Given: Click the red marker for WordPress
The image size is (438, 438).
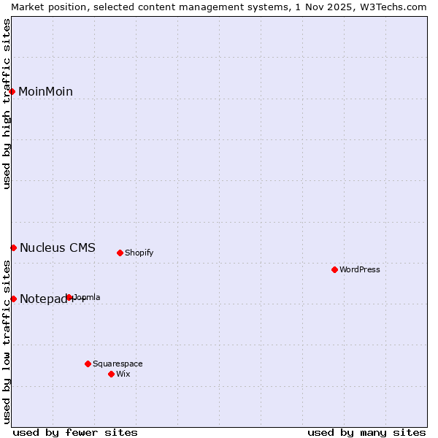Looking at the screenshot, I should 334,269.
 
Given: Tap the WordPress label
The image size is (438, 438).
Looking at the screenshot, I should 360,269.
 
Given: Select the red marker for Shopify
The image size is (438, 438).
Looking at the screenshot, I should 120,253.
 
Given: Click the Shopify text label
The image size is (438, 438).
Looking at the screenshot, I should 139,253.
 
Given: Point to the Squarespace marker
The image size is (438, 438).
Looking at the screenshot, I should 88,364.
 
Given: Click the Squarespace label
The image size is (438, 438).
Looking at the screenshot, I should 118,364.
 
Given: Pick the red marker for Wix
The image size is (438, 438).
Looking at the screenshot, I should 111,374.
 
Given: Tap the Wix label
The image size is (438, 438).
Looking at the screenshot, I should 123,374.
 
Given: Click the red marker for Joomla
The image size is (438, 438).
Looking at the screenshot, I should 69,297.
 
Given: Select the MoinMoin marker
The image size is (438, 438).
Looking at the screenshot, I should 12,91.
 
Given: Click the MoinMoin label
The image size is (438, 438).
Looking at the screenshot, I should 45,91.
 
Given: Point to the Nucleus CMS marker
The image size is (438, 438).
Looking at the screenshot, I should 13,247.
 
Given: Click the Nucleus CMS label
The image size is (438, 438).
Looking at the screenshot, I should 57,247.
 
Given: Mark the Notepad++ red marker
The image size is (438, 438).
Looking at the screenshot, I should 13,299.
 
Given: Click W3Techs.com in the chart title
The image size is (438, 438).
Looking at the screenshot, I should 391,7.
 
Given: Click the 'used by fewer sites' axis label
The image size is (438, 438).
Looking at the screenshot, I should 75,432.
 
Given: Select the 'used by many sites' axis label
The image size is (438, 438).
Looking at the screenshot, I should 366,432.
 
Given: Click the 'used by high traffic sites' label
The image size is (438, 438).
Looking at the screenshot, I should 7,104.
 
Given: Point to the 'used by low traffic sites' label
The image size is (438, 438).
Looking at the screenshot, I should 7,342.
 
